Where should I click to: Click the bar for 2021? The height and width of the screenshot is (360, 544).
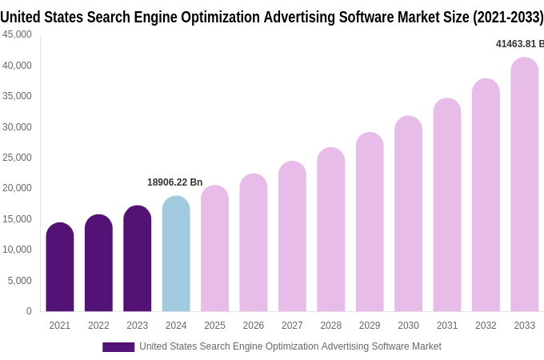(x=60, y=267)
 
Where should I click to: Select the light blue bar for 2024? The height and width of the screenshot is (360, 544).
(x=176, y=254)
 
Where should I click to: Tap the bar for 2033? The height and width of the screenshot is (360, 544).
(x=525, y=185)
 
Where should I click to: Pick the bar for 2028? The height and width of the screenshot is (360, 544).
(x=331, y=230)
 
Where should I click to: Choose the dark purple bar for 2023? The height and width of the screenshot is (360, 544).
(x=138, y=258)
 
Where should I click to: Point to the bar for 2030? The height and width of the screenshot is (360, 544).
(x=408, y=214)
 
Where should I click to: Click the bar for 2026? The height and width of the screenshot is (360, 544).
(x=254, y=242)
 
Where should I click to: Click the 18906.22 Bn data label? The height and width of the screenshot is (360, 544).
(x=175, y=182)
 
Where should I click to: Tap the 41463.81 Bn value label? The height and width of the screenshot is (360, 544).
(x=519, y=44)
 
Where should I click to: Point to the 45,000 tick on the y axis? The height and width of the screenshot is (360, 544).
(x=17, y=34)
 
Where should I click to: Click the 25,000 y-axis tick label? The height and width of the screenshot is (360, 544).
(x=17, y=158)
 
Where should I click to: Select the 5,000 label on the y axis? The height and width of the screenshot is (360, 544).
(x=20, y=281)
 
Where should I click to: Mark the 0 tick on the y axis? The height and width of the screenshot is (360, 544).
(x=29, y=311)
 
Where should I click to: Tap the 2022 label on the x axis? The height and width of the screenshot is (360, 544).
(x=98, y=326)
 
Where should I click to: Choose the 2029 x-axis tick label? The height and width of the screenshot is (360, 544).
(x=370, y=326)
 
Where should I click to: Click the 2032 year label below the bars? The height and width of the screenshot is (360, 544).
(x=486, y=326)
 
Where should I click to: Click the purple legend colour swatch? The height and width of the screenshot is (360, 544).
(x=118, y=347)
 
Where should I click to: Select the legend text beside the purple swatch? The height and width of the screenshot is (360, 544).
(x=290, y=346)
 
